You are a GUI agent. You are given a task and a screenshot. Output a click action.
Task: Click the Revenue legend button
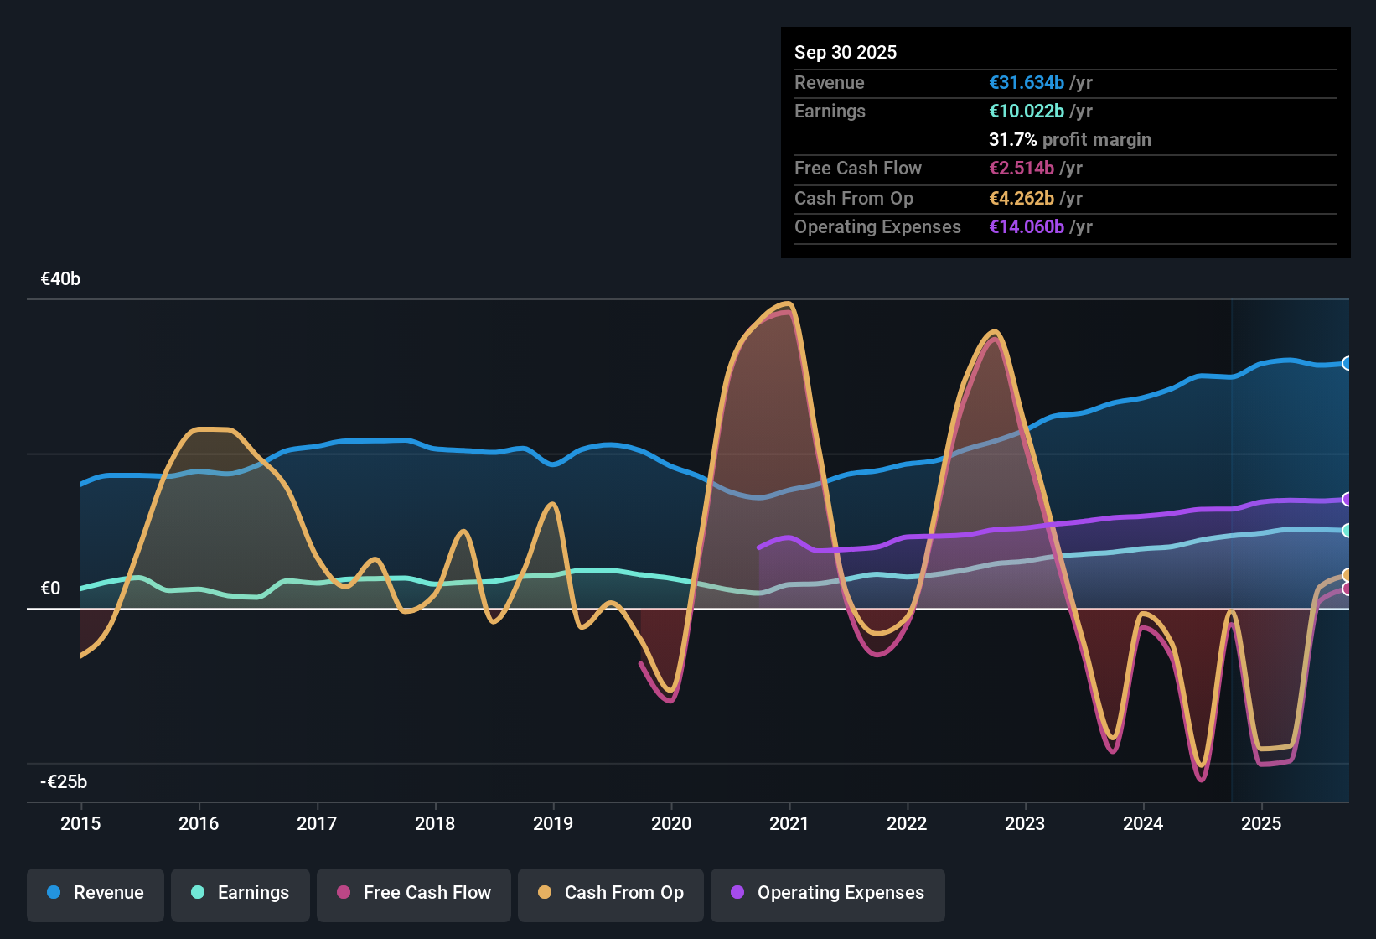coord(96,893)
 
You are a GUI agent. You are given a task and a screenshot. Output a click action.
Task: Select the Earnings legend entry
coord(241,893)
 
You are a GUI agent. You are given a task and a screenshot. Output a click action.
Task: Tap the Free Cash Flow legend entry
coord(414,893)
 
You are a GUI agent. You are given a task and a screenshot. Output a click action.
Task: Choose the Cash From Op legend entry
coord(611,893)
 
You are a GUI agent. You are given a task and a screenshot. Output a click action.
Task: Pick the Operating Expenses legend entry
coord(828,893)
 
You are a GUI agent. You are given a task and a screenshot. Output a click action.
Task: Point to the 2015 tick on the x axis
coord(80,823)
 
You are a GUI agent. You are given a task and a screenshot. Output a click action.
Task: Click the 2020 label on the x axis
coord(671,823)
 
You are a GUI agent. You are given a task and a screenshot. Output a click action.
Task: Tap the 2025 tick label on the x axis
coord(1261,823)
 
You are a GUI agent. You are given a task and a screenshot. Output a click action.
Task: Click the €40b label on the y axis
coord(60,279)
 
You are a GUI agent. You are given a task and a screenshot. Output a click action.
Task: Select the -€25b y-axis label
coord(64,782)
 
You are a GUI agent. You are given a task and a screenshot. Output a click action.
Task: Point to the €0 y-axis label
coord(51,589)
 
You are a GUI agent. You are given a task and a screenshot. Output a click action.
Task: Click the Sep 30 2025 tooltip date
coord(846,53)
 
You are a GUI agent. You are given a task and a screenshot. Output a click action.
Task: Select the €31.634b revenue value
coord(1027,83)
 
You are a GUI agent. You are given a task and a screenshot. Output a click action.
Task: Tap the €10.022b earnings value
coord(1027,112)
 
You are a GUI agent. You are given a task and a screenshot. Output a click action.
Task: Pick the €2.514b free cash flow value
coord(1022,169)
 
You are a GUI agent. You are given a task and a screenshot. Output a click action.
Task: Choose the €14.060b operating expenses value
coord(1027,227)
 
